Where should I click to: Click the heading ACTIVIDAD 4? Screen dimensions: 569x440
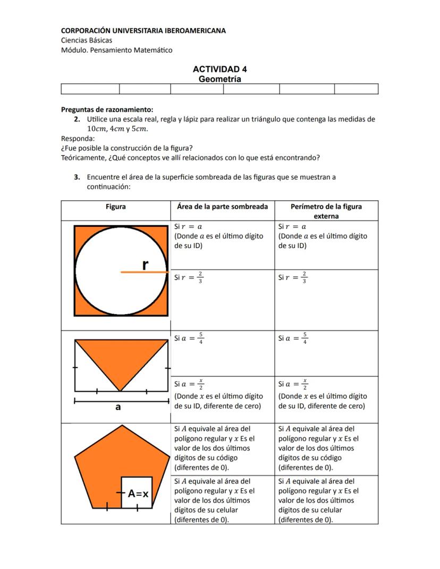(219, 69)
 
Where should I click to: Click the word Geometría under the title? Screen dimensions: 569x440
(219, 79)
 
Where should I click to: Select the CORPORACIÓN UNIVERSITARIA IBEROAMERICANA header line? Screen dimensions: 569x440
(143, 31)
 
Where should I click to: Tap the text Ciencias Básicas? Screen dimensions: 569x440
(86, 40)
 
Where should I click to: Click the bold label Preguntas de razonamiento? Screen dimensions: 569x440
(107, 110)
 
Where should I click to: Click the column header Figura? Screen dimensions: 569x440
(115, 207)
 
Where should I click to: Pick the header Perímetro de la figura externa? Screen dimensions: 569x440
(326, 211)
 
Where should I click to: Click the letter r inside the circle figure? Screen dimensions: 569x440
(145, 264)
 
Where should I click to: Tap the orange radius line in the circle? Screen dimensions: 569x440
(143, 272)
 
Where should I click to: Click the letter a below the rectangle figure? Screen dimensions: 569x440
(118, 407)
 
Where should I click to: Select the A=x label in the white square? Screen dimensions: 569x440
(137, 494)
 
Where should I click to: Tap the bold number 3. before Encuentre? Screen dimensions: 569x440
(78, 177)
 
